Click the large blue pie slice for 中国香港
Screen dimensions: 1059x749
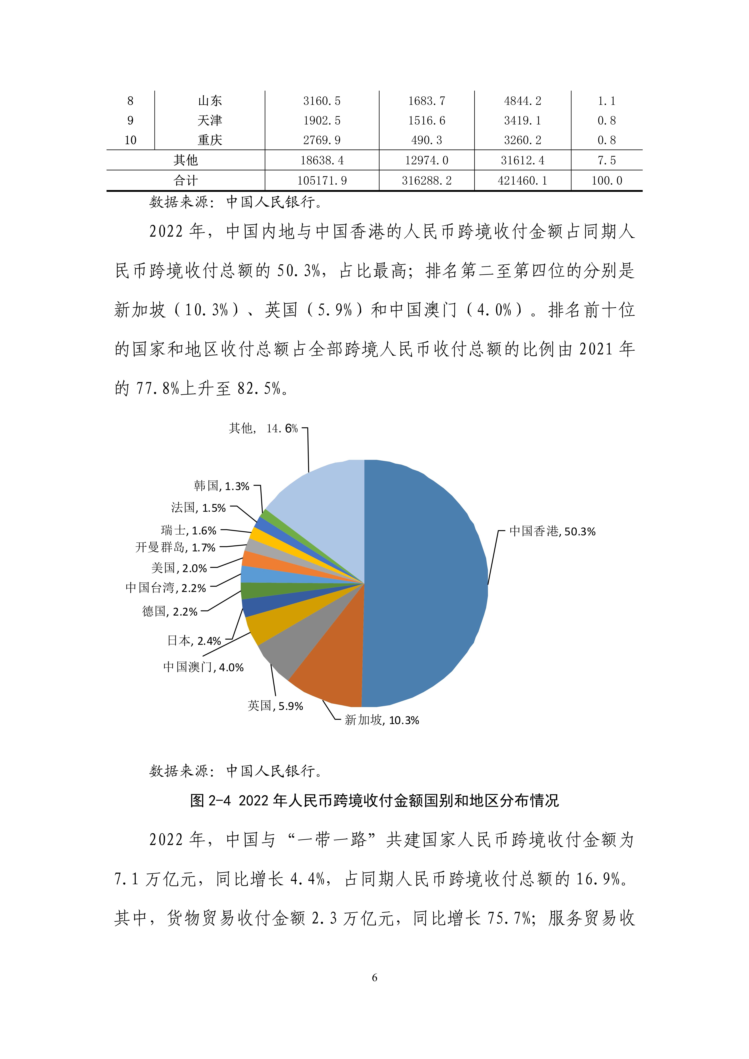pos(425,581)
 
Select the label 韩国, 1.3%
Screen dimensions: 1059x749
pos(221,486)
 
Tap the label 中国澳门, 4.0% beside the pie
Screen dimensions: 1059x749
pos(203,667)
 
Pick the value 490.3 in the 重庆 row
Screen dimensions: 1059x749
pos(426,140)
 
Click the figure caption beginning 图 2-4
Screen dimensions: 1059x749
pos(374,800)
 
